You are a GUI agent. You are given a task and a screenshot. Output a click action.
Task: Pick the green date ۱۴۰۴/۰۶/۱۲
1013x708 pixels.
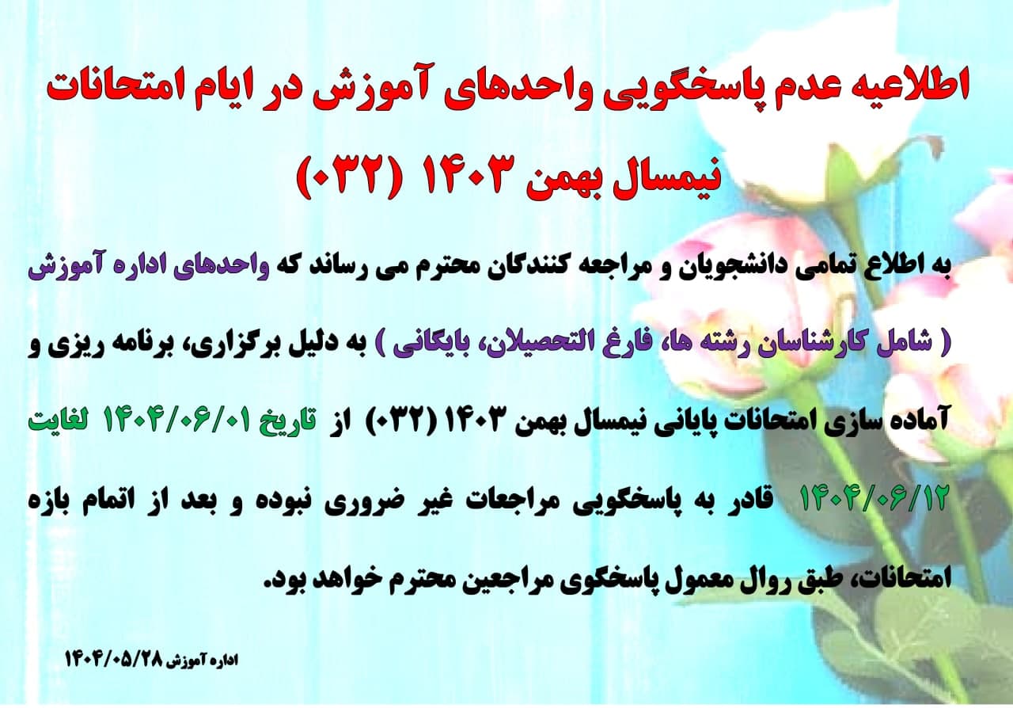pos(874,499)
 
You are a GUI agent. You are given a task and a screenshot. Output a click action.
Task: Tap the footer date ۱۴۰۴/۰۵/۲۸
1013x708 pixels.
pos(114,660)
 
